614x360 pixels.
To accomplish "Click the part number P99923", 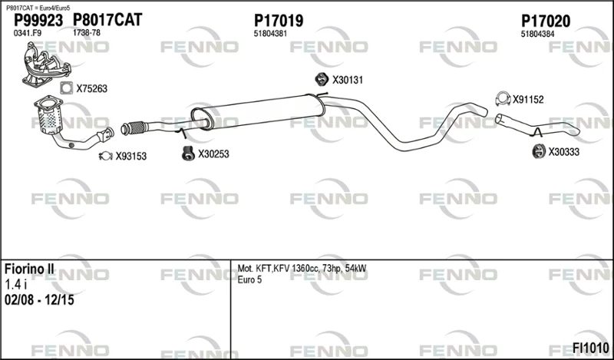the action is click(38, 21).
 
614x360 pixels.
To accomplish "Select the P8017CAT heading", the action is click(107, 20).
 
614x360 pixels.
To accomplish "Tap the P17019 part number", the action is click(279, 21).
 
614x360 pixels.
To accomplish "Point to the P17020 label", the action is click(546, 21).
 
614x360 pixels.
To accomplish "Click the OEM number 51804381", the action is click(270, 34).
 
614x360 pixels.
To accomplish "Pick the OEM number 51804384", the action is click(537, 34).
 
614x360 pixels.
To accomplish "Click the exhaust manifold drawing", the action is click(46, 64).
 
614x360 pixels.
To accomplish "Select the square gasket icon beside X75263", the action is click(67, 88).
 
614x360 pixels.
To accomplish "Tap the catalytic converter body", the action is click(50, 117).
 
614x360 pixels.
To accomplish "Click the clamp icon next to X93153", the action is click(106, 157).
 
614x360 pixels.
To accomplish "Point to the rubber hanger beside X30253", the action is click(188, 154).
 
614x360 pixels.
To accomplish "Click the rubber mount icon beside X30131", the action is click(322, 79).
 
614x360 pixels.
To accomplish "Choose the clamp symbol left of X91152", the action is click(503, 99).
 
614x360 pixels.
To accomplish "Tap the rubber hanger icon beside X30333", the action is click(539, 151).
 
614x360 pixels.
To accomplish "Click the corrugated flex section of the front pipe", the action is click(137, 127).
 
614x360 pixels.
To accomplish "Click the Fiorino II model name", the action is click(29, 269).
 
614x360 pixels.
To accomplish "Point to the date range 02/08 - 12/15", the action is click(39, 300).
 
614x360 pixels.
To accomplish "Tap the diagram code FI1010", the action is click(591, 348).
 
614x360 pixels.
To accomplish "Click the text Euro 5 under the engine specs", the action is click(249, 279).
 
